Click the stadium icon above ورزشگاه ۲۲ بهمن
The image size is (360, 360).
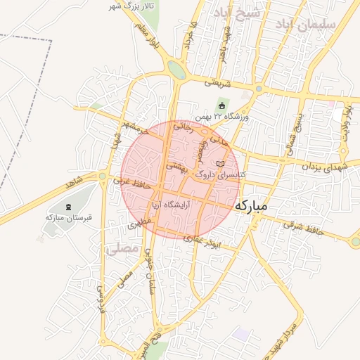click(221, 105)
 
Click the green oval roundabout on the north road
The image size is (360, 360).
click(177, 70)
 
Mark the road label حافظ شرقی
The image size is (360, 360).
click(303, 227)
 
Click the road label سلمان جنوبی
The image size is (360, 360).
click(148, 274)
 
